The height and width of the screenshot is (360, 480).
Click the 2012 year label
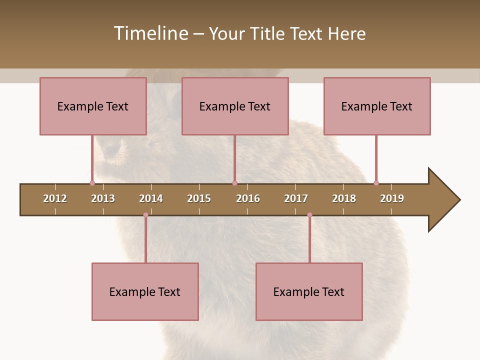point(55,198)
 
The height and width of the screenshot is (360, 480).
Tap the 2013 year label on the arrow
point(103,198)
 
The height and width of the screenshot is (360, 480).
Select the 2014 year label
point(151,198)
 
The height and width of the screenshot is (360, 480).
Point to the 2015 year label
point(199,198)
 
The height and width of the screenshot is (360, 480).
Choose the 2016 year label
point(248,198)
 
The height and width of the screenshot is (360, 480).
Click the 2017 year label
point(296,198)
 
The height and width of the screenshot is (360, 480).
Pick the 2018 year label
point(344,198)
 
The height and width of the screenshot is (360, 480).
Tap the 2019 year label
point(392,198)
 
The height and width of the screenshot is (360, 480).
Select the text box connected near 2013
point(93,106)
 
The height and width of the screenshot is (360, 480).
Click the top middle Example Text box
point(235,106)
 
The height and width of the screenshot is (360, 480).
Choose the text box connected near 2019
point(377,106)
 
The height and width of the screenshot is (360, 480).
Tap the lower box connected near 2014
point(145,291)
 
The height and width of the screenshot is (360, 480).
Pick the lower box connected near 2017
point(309,291)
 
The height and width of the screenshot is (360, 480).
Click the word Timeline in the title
point(151,33)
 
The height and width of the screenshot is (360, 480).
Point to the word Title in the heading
point(268,33)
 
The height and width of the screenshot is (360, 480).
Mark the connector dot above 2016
point(234,183)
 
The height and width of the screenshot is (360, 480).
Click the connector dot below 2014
point(145,215)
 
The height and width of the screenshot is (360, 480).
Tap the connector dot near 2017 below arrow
point(309,215)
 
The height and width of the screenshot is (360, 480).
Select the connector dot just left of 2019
point(376,183)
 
